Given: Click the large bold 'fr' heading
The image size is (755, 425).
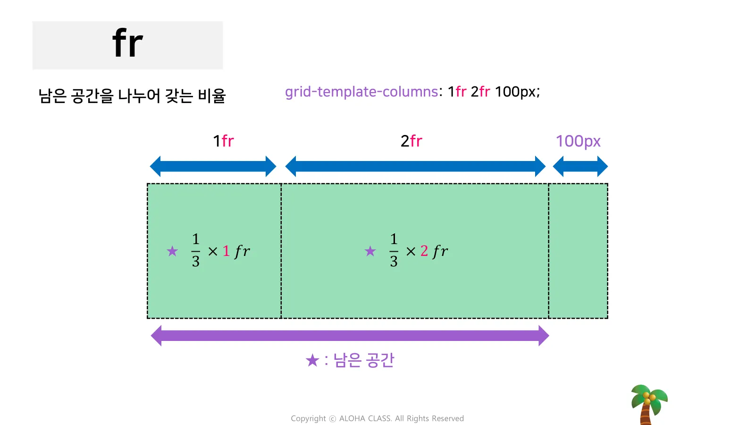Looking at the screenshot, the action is tap(127, 43).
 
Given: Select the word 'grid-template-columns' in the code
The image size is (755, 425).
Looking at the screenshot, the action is tap(361, 92).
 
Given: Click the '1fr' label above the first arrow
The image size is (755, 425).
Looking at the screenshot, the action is tap(223, 141).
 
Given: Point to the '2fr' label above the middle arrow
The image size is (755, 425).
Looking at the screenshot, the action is tap(411, 141).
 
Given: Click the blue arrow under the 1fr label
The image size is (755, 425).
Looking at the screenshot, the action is tap(213, 166).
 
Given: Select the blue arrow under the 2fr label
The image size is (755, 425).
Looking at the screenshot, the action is tap(415, 166).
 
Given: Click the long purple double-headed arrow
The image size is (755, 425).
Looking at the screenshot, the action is tap(350, 336).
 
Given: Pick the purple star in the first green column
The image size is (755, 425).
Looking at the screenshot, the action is tap(172, 251).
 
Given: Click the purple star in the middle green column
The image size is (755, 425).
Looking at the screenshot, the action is tap(370, 251).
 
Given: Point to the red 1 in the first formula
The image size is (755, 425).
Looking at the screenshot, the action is tap(226, 251).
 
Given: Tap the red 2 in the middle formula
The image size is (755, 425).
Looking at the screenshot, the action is tap(424, 251).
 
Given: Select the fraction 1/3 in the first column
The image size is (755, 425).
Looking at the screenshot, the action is tap(196, 251).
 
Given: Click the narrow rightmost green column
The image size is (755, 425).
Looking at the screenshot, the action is tap(578, 251).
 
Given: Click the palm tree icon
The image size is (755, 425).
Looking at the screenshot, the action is tap(649, 404).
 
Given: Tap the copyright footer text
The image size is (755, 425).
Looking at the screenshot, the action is tap(377, 418).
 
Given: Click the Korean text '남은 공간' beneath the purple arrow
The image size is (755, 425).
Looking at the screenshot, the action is tap(363, 360).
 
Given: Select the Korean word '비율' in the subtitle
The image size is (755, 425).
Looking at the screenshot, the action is tap(212, 96).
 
